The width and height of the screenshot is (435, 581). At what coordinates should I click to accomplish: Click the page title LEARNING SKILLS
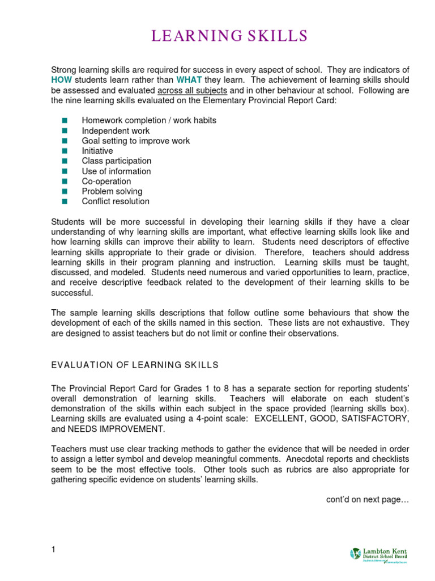click(229, 37)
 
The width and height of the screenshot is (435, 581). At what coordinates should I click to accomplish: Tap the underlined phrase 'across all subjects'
click(192, 90)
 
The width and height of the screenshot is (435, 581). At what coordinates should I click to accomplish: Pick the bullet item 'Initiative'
click(97, 151)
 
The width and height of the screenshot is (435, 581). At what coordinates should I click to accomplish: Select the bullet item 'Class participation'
click(116, 161)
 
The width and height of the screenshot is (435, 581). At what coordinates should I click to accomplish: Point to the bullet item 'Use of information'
click(116, 171)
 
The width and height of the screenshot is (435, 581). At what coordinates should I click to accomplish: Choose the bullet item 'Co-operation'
click(106, 182)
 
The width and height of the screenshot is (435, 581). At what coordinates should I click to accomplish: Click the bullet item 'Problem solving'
click(112, 191)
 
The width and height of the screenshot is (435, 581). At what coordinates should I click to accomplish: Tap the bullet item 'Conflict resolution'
click(116, 201)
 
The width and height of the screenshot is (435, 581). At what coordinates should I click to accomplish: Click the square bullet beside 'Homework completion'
click(64, 121)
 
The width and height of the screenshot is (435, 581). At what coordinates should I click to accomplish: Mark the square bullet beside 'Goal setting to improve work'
click(64, 141)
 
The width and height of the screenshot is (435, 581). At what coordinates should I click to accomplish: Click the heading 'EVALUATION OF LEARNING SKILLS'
click(135, 365)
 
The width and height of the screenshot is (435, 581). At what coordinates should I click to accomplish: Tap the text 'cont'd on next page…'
click(367, 499)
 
